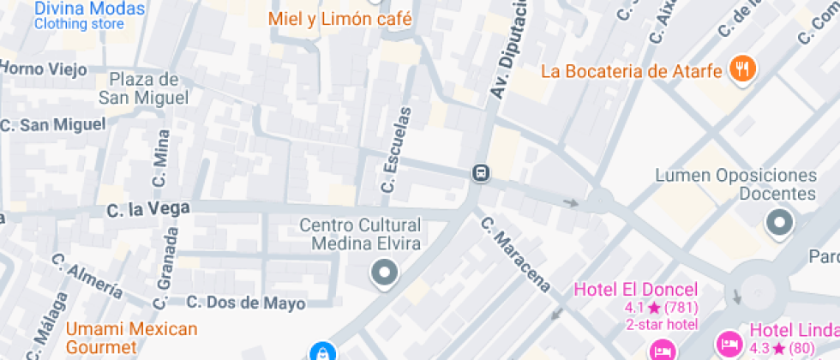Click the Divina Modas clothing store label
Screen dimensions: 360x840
click(89, 15)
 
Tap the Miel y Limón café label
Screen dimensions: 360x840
click(340, 19)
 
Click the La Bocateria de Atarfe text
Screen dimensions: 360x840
click(632, 71)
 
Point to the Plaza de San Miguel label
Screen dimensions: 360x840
click(143, 89)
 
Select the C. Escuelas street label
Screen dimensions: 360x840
click(395, 149)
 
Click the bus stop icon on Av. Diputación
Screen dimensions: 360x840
click(481, 174)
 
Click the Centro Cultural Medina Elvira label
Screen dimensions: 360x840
click(360, 234)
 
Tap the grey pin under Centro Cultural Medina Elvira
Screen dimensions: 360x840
click(384, 274)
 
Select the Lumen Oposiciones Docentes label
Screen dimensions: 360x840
click(735, 184)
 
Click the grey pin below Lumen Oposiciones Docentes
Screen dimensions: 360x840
click(779, 223)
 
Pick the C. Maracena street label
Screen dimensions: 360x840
click(514, 255)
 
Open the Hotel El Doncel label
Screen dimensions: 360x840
click(636, 289)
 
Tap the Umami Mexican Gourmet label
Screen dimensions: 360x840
click(132, 338)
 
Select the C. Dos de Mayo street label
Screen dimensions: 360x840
click(246, 303)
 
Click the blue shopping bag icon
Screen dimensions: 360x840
click(321, 351)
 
